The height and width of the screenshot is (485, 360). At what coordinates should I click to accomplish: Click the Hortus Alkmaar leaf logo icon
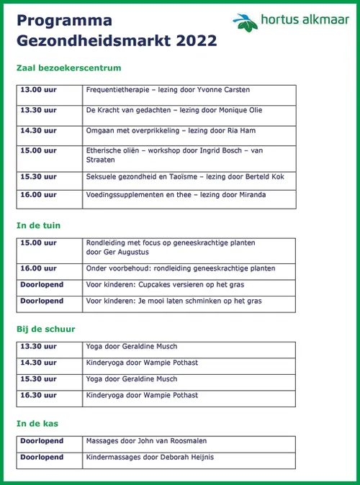[246, 22]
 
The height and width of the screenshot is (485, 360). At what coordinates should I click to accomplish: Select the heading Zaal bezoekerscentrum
[68, 68]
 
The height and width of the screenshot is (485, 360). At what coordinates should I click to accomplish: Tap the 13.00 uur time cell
[39, 90]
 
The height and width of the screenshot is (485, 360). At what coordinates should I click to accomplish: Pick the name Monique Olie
[242, 110]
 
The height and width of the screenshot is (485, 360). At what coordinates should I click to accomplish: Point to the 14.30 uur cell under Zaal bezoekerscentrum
[39, 130]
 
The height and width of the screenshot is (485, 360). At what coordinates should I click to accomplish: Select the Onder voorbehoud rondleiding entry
[180, 268]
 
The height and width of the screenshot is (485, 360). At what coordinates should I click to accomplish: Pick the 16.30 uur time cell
[39, 395]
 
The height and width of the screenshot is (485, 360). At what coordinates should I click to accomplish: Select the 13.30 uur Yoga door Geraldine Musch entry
[132, 347]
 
